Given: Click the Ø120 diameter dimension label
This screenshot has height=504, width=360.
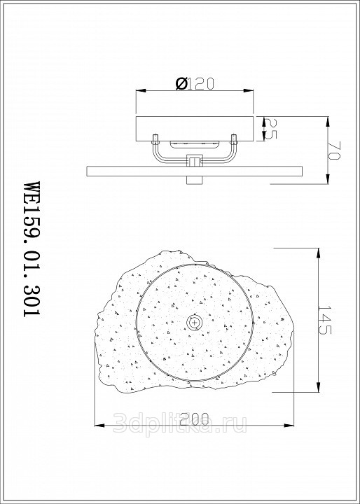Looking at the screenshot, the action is click(195, 84).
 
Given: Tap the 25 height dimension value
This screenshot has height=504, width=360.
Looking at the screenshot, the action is click(270, 129).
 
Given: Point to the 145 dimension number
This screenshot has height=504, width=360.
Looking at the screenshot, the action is click(324, 319).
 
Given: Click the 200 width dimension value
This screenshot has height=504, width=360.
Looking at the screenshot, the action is click(194, 419).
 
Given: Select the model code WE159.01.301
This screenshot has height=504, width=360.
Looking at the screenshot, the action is click(32, 248).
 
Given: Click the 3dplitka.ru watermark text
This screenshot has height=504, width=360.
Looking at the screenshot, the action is click(180, 423).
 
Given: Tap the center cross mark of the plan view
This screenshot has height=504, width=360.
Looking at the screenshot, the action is click(194, 322).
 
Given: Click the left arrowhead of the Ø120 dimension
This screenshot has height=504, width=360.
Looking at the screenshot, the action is click(141, 90).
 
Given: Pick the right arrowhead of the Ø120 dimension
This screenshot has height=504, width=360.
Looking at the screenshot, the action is click(249, 90).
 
